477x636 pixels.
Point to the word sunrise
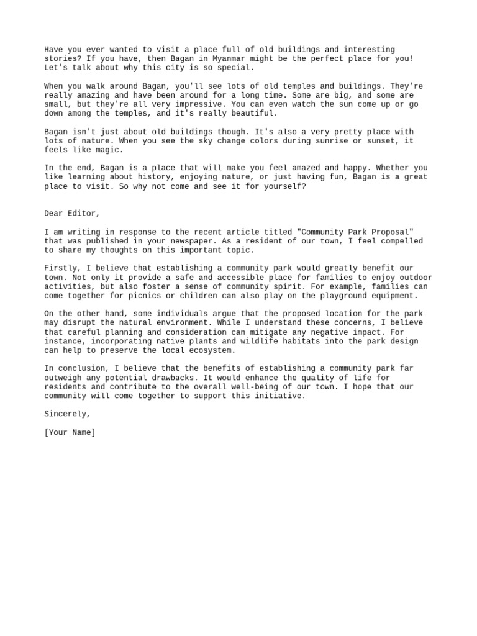tap(319, 141)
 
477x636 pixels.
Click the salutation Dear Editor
tap(72, 213)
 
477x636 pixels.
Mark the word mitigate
tap(259, 332)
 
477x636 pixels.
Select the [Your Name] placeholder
tap(70, 432)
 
